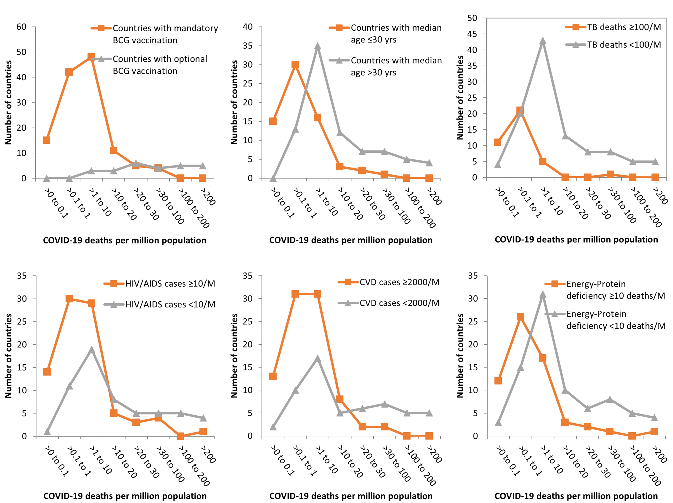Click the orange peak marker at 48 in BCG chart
91,57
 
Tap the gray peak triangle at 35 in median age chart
317,46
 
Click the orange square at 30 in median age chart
295,65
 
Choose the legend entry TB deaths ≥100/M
624,27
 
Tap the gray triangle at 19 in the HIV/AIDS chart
91,349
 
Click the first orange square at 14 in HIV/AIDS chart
47,372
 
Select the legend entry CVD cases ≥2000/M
399,282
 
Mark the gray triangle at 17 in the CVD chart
317,358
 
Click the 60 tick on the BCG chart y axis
21,27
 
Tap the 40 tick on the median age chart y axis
248,27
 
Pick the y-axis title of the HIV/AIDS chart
8,356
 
